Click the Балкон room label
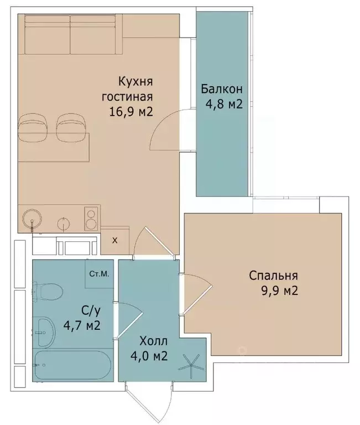coord(222,89)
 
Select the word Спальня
coord(274,276)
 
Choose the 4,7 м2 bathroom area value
coord(81,325)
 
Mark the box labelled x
coord(115,240)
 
